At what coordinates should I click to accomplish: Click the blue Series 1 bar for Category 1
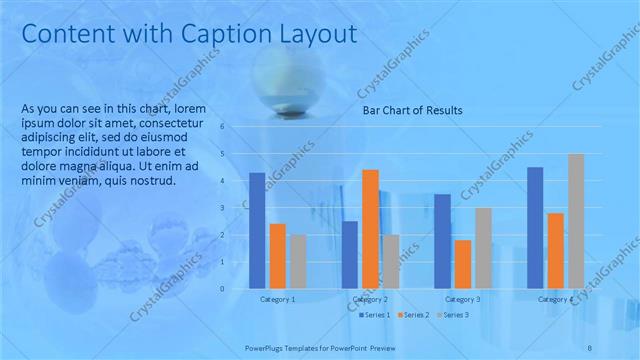point(257,231)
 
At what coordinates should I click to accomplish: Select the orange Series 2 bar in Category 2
point(370,229)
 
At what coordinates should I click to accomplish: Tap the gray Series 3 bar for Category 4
point(576,221)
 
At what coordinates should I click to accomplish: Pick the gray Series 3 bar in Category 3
point(483,248)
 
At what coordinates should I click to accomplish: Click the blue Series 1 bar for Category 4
point(535,228)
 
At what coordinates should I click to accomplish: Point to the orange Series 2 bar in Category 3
point(463,264)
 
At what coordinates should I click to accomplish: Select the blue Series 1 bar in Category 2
point(350,255)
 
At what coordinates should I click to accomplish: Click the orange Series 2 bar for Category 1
point(277,256)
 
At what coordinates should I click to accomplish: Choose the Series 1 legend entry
point(376,315)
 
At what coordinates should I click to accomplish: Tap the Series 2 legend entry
point(414,315)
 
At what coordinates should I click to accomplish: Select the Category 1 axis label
point(277,299)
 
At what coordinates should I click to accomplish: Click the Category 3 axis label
point(463,299)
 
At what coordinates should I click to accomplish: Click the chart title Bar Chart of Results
point(411,111)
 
